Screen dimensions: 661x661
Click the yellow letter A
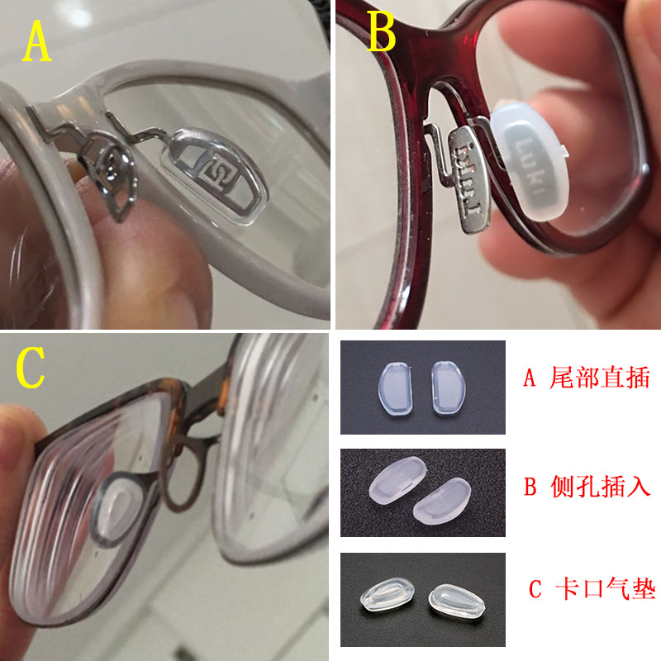coord(37,40)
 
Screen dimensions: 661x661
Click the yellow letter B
coord(382,31)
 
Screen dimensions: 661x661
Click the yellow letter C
coord(31,367)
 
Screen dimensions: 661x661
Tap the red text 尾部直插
coord(600,378)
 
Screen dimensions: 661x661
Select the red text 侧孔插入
coord(601,486)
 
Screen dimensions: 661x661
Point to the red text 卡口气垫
coord(606,588)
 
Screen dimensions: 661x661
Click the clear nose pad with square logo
coord(215,175)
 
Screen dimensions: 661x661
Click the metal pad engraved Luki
coord(468,178)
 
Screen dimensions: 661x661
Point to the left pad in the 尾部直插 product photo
coord(395,387)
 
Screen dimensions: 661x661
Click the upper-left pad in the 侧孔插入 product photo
coord(397,479)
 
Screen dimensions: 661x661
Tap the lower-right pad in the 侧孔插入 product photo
coord(442,502)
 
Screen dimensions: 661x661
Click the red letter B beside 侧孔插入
coord(530,487)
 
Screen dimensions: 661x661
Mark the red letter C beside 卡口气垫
coord(535,589)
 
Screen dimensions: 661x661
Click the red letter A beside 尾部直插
coord(530,378)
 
